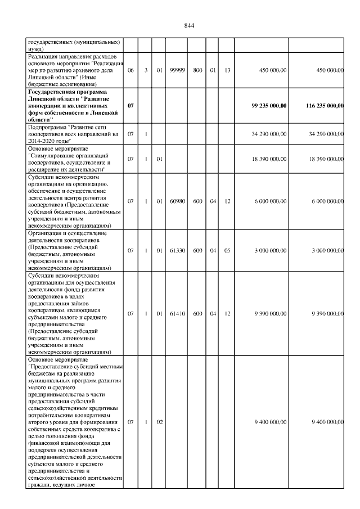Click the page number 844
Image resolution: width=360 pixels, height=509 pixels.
tap(188, 26)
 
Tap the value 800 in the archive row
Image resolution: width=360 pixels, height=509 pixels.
tap(197, 70)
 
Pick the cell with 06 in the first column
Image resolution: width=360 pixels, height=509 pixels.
tap(130, 70)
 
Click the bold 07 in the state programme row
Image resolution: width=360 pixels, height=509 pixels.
tap(130, 105)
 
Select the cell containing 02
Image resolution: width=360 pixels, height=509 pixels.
tap(160, 421)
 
